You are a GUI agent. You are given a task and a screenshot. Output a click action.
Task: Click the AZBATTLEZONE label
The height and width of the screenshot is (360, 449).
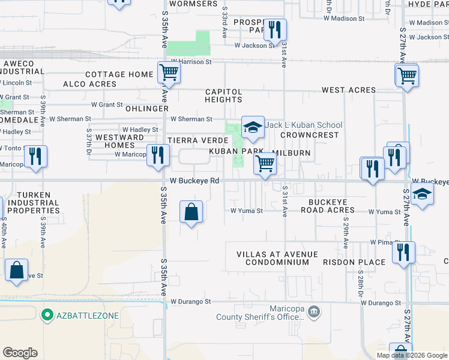point(88,316)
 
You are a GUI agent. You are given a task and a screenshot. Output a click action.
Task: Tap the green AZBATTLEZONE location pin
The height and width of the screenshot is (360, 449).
point(47,315)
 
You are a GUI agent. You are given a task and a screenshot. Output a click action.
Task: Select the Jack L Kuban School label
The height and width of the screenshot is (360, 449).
point(304,125)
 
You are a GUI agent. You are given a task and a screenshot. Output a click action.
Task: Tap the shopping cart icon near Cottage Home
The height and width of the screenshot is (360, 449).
point(169,73)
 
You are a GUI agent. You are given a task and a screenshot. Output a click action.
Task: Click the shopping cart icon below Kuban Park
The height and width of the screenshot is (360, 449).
point(265,163)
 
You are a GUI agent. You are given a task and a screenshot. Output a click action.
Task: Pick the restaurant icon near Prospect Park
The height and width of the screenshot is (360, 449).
point(275,29)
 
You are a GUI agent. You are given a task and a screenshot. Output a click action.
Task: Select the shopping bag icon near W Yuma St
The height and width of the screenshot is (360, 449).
point(191,211)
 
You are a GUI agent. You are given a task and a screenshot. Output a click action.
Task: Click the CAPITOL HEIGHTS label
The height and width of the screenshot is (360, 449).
point(224,95)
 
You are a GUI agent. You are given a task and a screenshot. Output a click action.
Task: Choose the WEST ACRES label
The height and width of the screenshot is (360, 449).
point(349,90)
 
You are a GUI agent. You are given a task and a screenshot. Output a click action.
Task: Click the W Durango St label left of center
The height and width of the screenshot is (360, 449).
point(192,302)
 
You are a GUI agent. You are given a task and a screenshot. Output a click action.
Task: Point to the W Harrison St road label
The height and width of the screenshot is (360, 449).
point(191,61)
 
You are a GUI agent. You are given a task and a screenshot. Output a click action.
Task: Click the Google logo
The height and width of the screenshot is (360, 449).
point(20,353)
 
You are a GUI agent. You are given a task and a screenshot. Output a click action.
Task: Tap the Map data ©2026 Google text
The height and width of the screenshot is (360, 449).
point(411,355)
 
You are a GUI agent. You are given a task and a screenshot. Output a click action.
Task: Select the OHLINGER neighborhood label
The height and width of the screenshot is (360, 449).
point(147,109)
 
